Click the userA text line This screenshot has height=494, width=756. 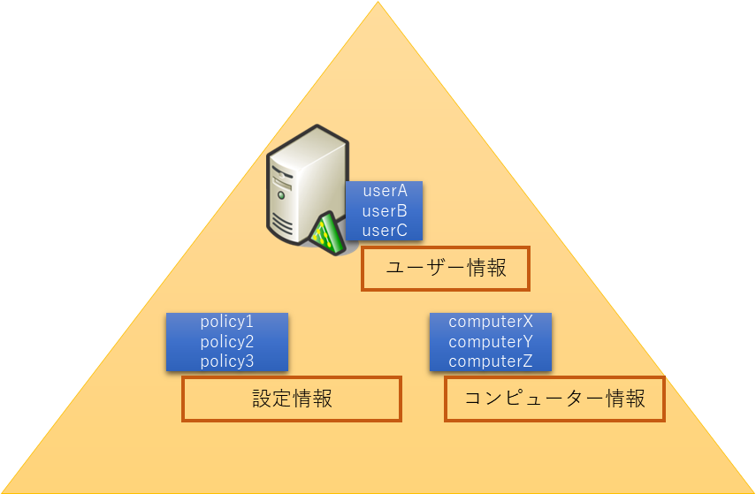(x=385, y=191)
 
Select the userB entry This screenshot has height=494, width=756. (x=385, y=211)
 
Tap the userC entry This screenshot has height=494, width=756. (x=385, y=231)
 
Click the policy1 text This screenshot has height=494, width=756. (x=227, y=322)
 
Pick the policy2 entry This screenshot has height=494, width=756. (x=227, y=341)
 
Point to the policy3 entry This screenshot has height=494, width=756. (x=227, y=361)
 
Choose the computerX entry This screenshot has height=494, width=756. (x=491, y=322)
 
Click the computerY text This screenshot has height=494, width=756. (x=491, y=341)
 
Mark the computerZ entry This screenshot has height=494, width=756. (x=491, y=361)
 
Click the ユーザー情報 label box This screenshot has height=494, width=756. (x=446, y=269)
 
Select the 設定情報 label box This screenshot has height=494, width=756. (x=292, y=399)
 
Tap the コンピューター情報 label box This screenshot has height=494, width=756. (x=554, y=399)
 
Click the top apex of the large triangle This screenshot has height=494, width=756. (x=378, y=3)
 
